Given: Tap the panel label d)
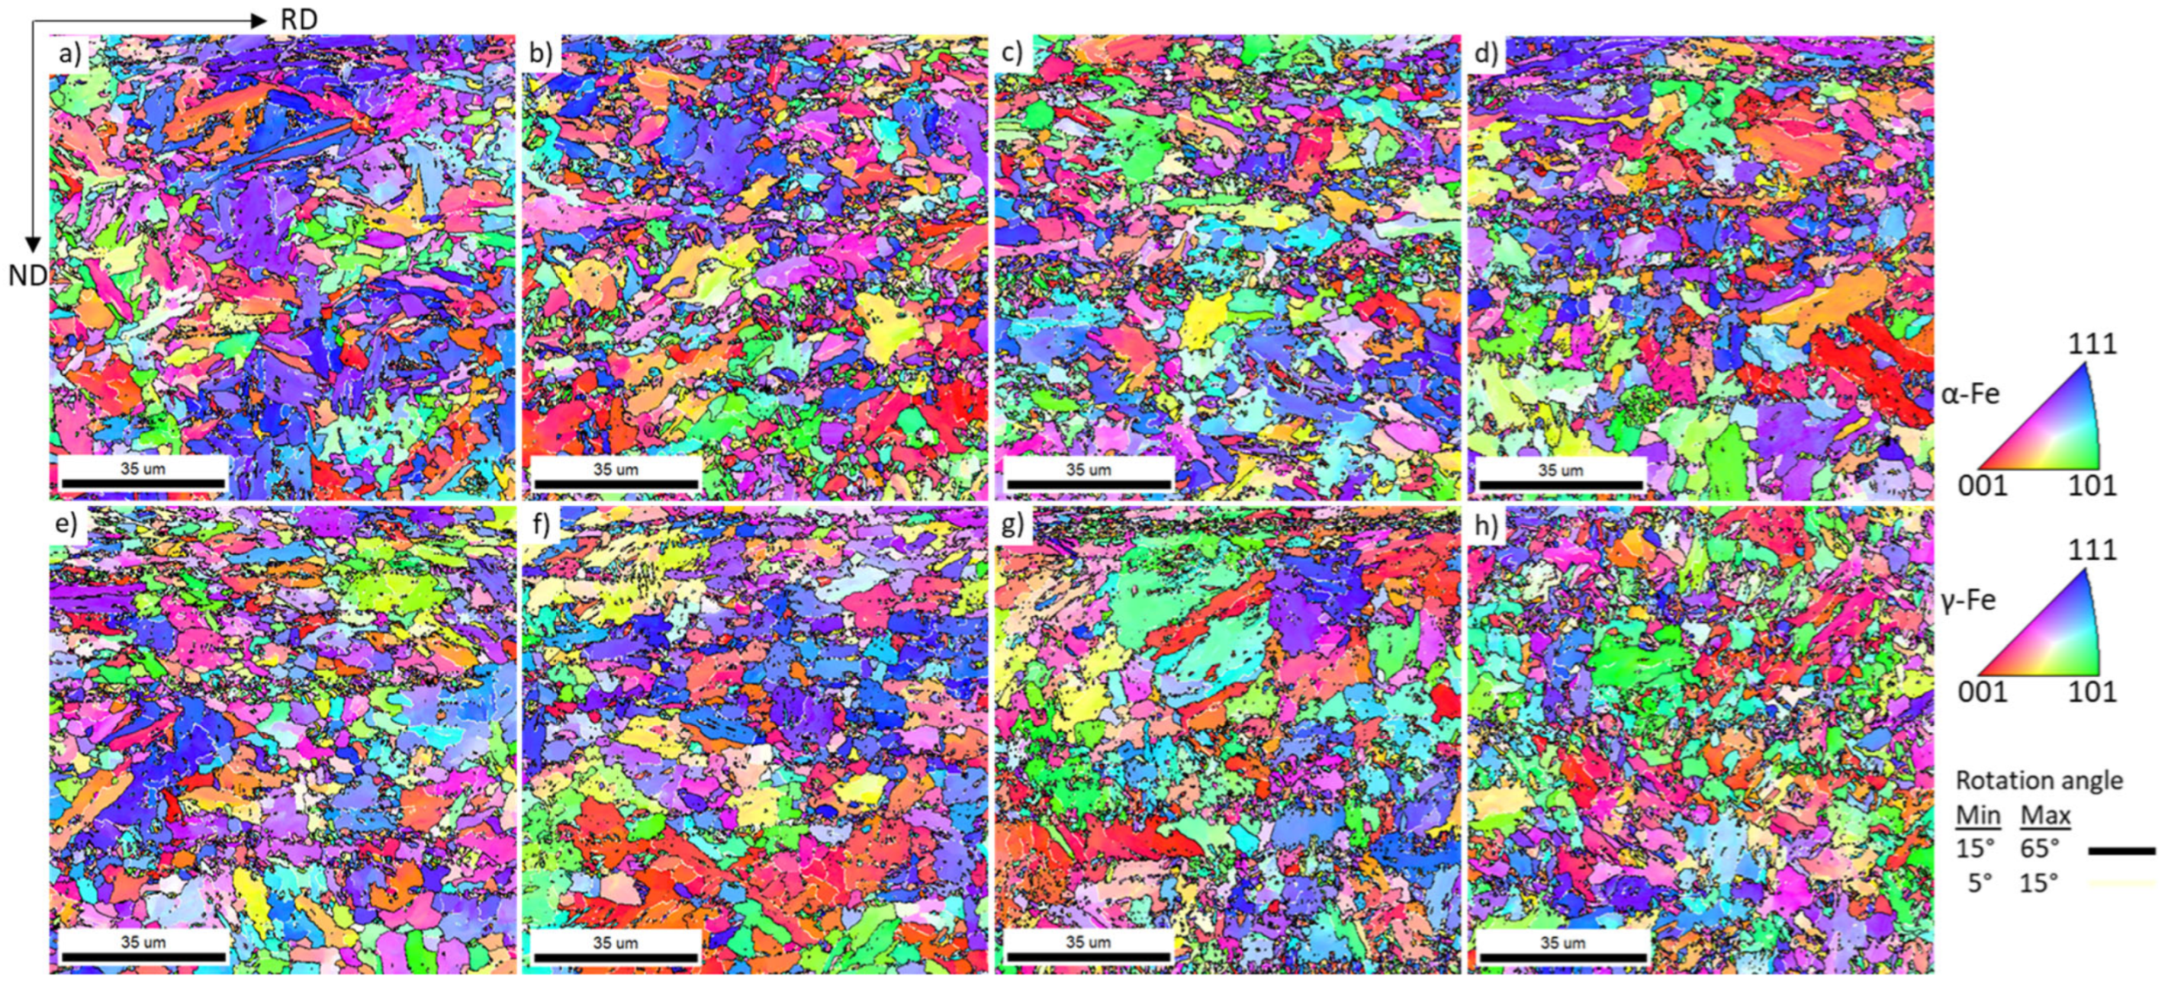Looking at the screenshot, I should point(1485,54).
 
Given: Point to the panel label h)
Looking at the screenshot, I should point(1485,525).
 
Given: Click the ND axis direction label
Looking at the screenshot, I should point(27,275).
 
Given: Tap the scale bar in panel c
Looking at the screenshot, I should point(1089,483).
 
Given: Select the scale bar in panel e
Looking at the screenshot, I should point(143,957).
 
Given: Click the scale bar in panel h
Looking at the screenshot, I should point(1562,957).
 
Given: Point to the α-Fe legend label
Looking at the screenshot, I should point(1970,393).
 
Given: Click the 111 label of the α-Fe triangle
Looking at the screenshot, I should point(2092,344).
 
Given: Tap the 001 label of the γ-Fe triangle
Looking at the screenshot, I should point(1982,692).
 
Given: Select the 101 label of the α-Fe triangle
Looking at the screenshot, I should point(2092,486).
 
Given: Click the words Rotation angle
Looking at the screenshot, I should point(2038,780).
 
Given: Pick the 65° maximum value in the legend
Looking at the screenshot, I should point(2039,848).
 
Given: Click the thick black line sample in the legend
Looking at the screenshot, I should point(2121,851).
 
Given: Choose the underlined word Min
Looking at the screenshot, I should point(1978,815).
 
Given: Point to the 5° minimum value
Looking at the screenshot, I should point(1979,883).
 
